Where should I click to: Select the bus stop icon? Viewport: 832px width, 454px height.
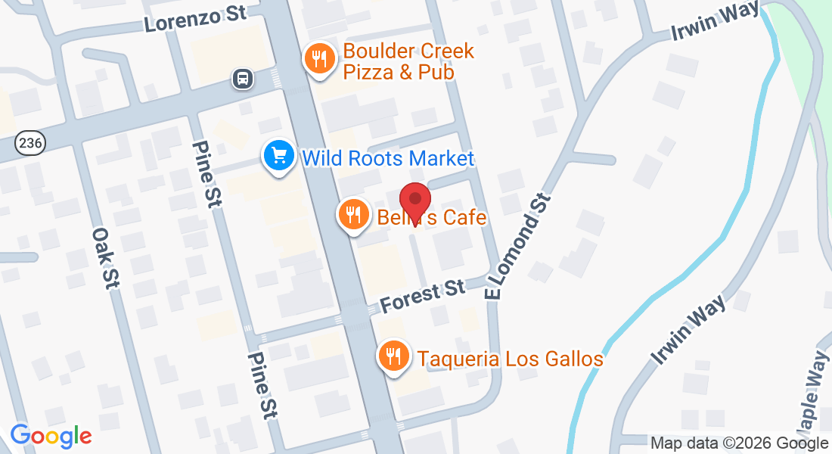pos(242,78)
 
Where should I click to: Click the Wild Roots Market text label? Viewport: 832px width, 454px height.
pos(387,158)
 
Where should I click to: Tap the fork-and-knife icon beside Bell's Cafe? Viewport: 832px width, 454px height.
pos(352,216)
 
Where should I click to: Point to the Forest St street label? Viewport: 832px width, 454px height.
pos(422,295)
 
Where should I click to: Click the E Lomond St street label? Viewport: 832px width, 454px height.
pos(519,246)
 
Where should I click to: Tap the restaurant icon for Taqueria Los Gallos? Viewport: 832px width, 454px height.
pos(393,356)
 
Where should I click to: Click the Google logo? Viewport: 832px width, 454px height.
pos(51,437)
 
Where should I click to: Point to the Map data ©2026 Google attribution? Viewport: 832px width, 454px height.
pos(739,443)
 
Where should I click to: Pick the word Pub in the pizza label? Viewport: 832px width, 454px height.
pos(438,73)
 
